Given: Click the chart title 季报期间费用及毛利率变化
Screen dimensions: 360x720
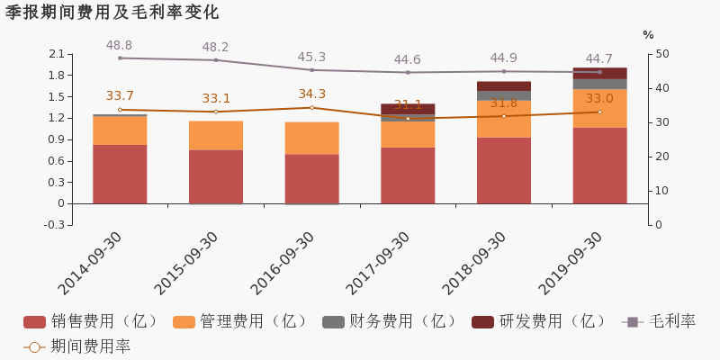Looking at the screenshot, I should click(x=112, y=13).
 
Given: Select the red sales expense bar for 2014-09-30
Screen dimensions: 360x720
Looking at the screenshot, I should click(x=120, y=174).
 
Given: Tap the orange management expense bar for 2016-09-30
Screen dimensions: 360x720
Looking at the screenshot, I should click(x=311, y=138).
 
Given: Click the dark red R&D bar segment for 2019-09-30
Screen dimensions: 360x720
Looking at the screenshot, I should click(x=599, y=73).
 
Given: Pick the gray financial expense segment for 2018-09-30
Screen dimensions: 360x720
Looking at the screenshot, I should click(x=503, y=95).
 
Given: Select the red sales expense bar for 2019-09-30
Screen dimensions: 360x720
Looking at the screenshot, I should click(x=599, y=165).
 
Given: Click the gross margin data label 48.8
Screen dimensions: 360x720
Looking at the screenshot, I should click(x=119, y=46).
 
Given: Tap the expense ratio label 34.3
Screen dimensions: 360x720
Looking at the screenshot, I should click(x=311, y=94).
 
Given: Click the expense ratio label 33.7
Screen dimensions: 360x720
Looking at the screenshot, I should click(x=120, y=96).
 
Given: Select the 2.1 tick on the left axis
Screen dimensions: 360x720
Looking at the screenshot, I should click(x=56, y=54).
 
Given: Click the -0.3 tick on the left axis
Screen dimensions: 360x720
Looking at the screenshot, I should click(x=54, y=225).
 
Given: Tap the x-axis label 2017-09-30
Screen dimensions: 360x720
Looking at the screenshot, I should click(x=378, y=263).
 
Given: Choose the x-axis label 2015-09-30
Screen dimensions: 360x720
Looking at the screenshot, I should click(x=186, y=263).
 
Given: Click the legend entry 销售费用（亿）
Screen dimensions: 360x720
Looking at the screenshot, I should click(x=93, y=321).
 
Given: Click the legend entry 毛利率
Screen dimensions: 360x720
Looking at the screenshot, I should click(x=660, y=321).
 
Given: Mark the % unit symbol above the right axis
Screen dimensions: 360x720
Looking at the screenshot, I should click(x=648, y=35).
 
